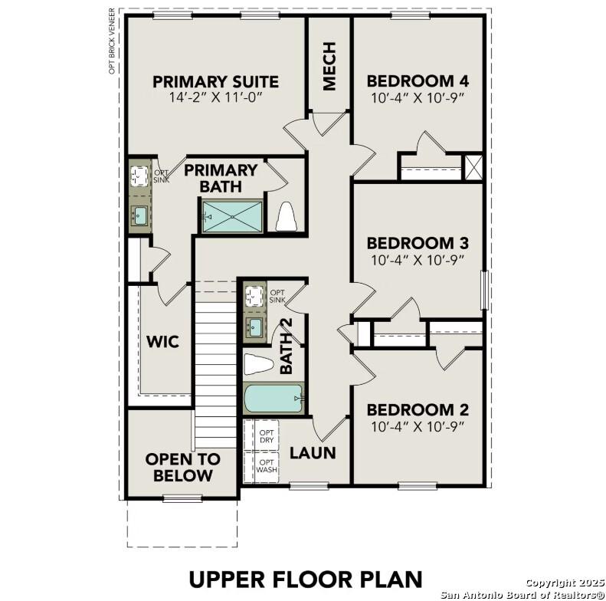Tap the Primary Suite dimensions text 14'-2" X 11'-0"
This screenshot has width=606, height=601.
coord(215,99)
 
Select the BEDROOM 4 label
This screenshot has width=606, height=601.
coord(418,81)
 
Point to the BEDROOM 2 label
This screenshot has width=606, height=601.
coord(418,409)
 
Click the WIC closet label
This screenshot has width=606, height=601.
coord(162,341)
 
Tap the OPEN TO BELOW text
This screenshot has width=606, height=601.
coord(182,467)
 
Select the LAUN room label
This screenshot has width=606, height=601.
coord(313,453)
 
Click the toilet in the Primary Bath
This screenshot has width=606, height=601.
coord(286,216)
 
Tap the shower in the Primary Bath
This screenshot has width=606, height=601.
coord(232,216)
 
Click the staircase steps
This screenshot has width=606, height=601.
coord(215,368)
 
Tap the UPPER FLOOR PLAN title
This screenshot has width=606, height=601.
coord(306,578)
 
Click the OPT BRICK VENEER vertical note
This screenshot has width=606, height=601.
coord(112,42)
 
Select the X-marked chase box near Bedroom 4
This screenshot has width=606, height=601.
coord(473,167)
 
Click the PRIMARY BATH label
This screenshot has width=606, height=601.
coord(221,178)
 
